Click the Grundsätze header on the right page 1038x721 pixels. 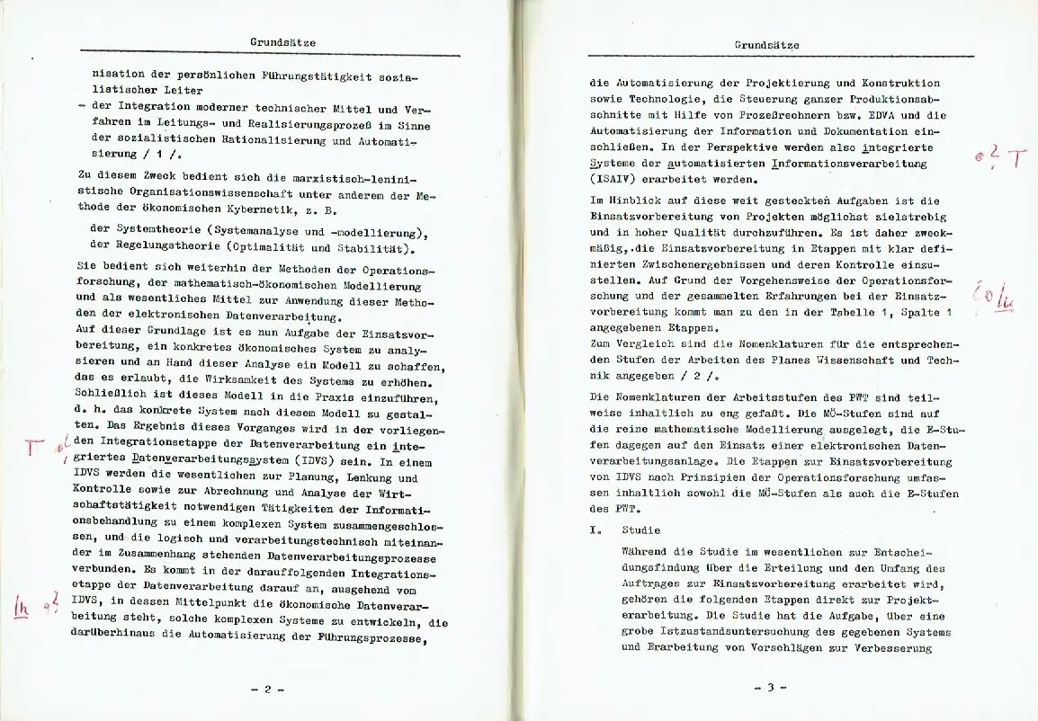766,45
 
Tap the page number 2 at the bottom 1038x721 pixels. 267,690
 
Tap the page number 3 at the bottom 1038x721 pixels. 769,689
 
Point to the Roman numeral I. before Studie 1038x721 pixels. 595,530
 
